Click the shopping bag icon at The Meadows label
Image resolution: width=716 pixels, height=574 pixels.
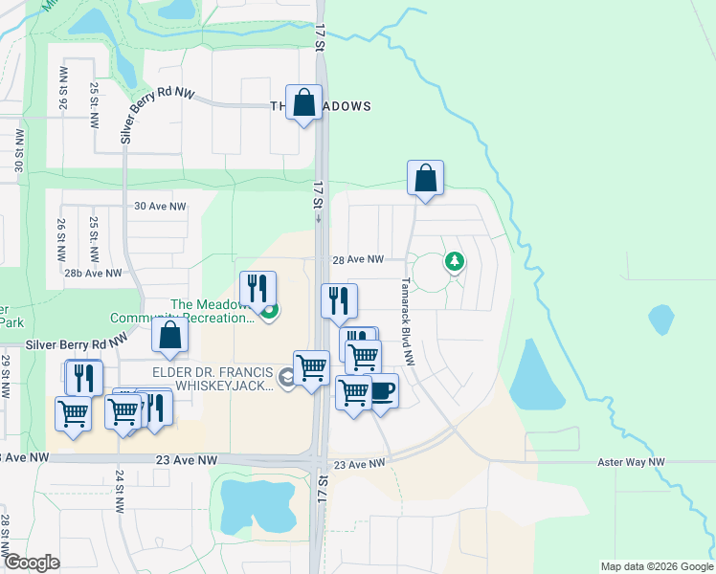[x=303, y=103]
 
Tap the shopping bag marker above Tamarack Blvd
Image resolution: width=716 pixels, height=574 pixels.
[x=425, y=179]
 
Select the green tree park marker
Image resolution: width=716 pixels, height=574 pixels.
[x=455, y=261]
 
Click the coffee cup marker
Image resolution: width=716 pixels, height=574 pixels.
[x=381, y=392]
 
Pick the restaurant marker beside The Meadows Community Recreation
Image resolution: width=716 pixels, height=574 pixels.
[x=257, y=288]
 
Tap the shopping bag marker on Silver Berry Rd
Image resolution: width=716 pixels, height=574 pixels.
[x=169, y=336]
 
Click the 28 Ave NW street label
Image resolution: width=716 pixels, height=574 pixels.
[x=357, y=259]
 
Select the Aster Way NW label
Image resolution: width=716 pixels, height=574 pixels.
[x=629, y=462]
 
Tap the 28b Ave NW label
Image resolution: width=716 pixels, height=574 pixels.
[x=94, y=273]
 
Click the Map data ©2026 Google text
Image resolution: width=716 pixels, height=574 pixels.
[x=656, y=566]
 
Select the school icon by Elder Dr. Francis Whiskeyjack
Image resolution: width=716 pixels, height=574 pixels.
[x=285, y=380]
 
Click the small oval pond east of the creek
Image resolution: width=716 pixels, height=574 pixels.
[x=661, y=320]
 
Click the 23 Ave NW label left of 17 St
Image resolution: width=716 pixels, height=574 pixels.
[x=187, y=460]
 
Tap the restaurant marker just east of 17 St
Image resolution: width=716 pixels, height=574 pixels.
[x=339, y=301]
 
